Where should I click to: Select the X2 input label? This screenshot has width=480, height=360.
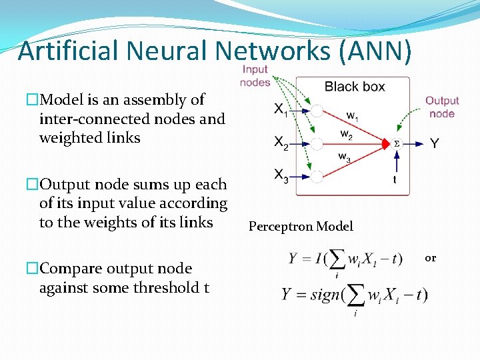click(x=281, y=143)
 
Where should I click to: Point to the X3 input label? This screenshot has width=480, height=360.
click(x=281, y=176)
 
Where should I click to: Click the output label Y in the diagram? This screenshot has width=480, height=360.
click(x=434, y=143)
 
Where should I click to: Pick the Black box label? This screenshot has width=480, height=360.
click(x=354, y=87)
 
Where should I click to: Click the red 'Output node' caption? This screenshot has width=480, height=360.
click(x=442, y=107)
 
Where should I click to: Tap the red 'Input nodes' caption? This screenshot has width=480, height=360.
click(x=255, y=75)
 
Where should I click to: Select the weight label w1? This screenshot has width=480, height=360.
click(x=351, y=115)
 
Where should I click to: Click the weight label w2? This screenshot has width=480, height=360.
click(x=345, y=135)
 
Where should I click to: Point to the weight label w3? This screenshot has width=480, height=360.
click(x=345, y=158)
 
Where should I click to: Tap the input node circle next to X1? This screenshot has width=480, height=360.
click(x=317, y=111)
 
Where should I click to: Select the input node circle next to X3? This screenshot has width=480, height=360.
click(x=317, y=176)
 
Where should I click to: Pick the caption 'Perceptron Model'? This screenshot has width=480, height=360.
click(x=301, y=227)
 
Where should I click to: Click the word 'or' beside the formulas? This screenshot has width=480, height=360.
click(x=430, y=258)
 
